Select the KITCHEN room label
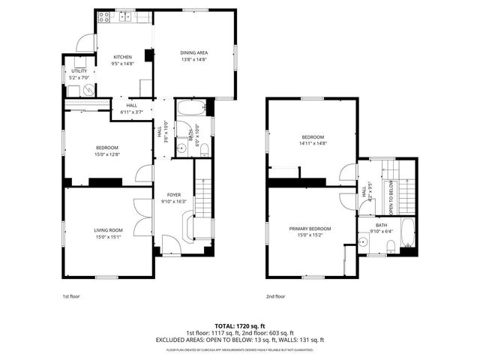click(122, 58)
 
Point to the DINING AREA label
click(193, 52)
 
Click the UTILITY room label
click(79, 71)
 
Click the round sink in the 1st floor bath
click(181, 148)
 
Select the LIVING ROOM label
click(108, 230)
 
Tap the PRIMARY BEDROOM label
click(310, 228)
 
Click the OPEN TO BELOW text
click(391, 197)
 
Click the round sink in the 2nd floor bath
click(362, 241)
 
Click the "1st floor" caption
click(70, 296)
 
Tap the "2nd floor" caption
click(275, 296)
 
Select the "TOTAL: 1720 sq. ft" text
click(240, 326)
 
